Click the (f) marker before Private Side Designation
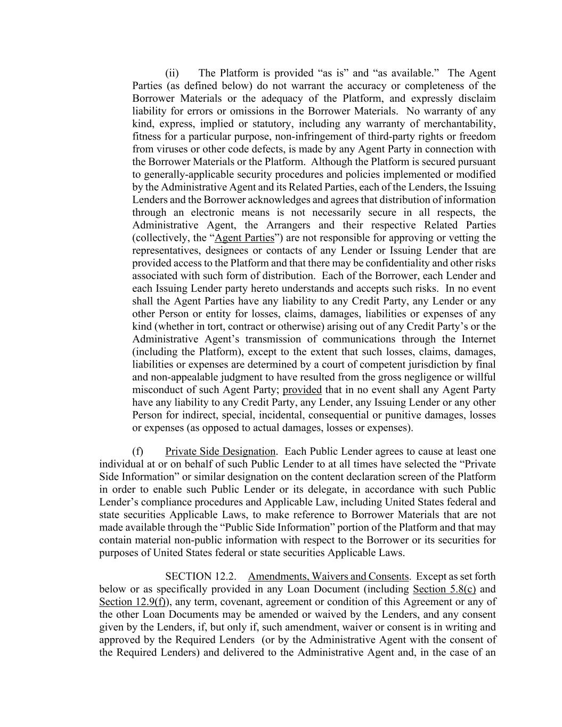[x=138, y=452]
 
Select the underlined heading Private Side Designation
[x=220, y=452]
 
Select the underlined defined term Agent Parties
[x=244, y=238]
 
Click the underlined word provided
[x=302, y=390]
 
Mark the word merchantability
[x=460, y=124]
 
